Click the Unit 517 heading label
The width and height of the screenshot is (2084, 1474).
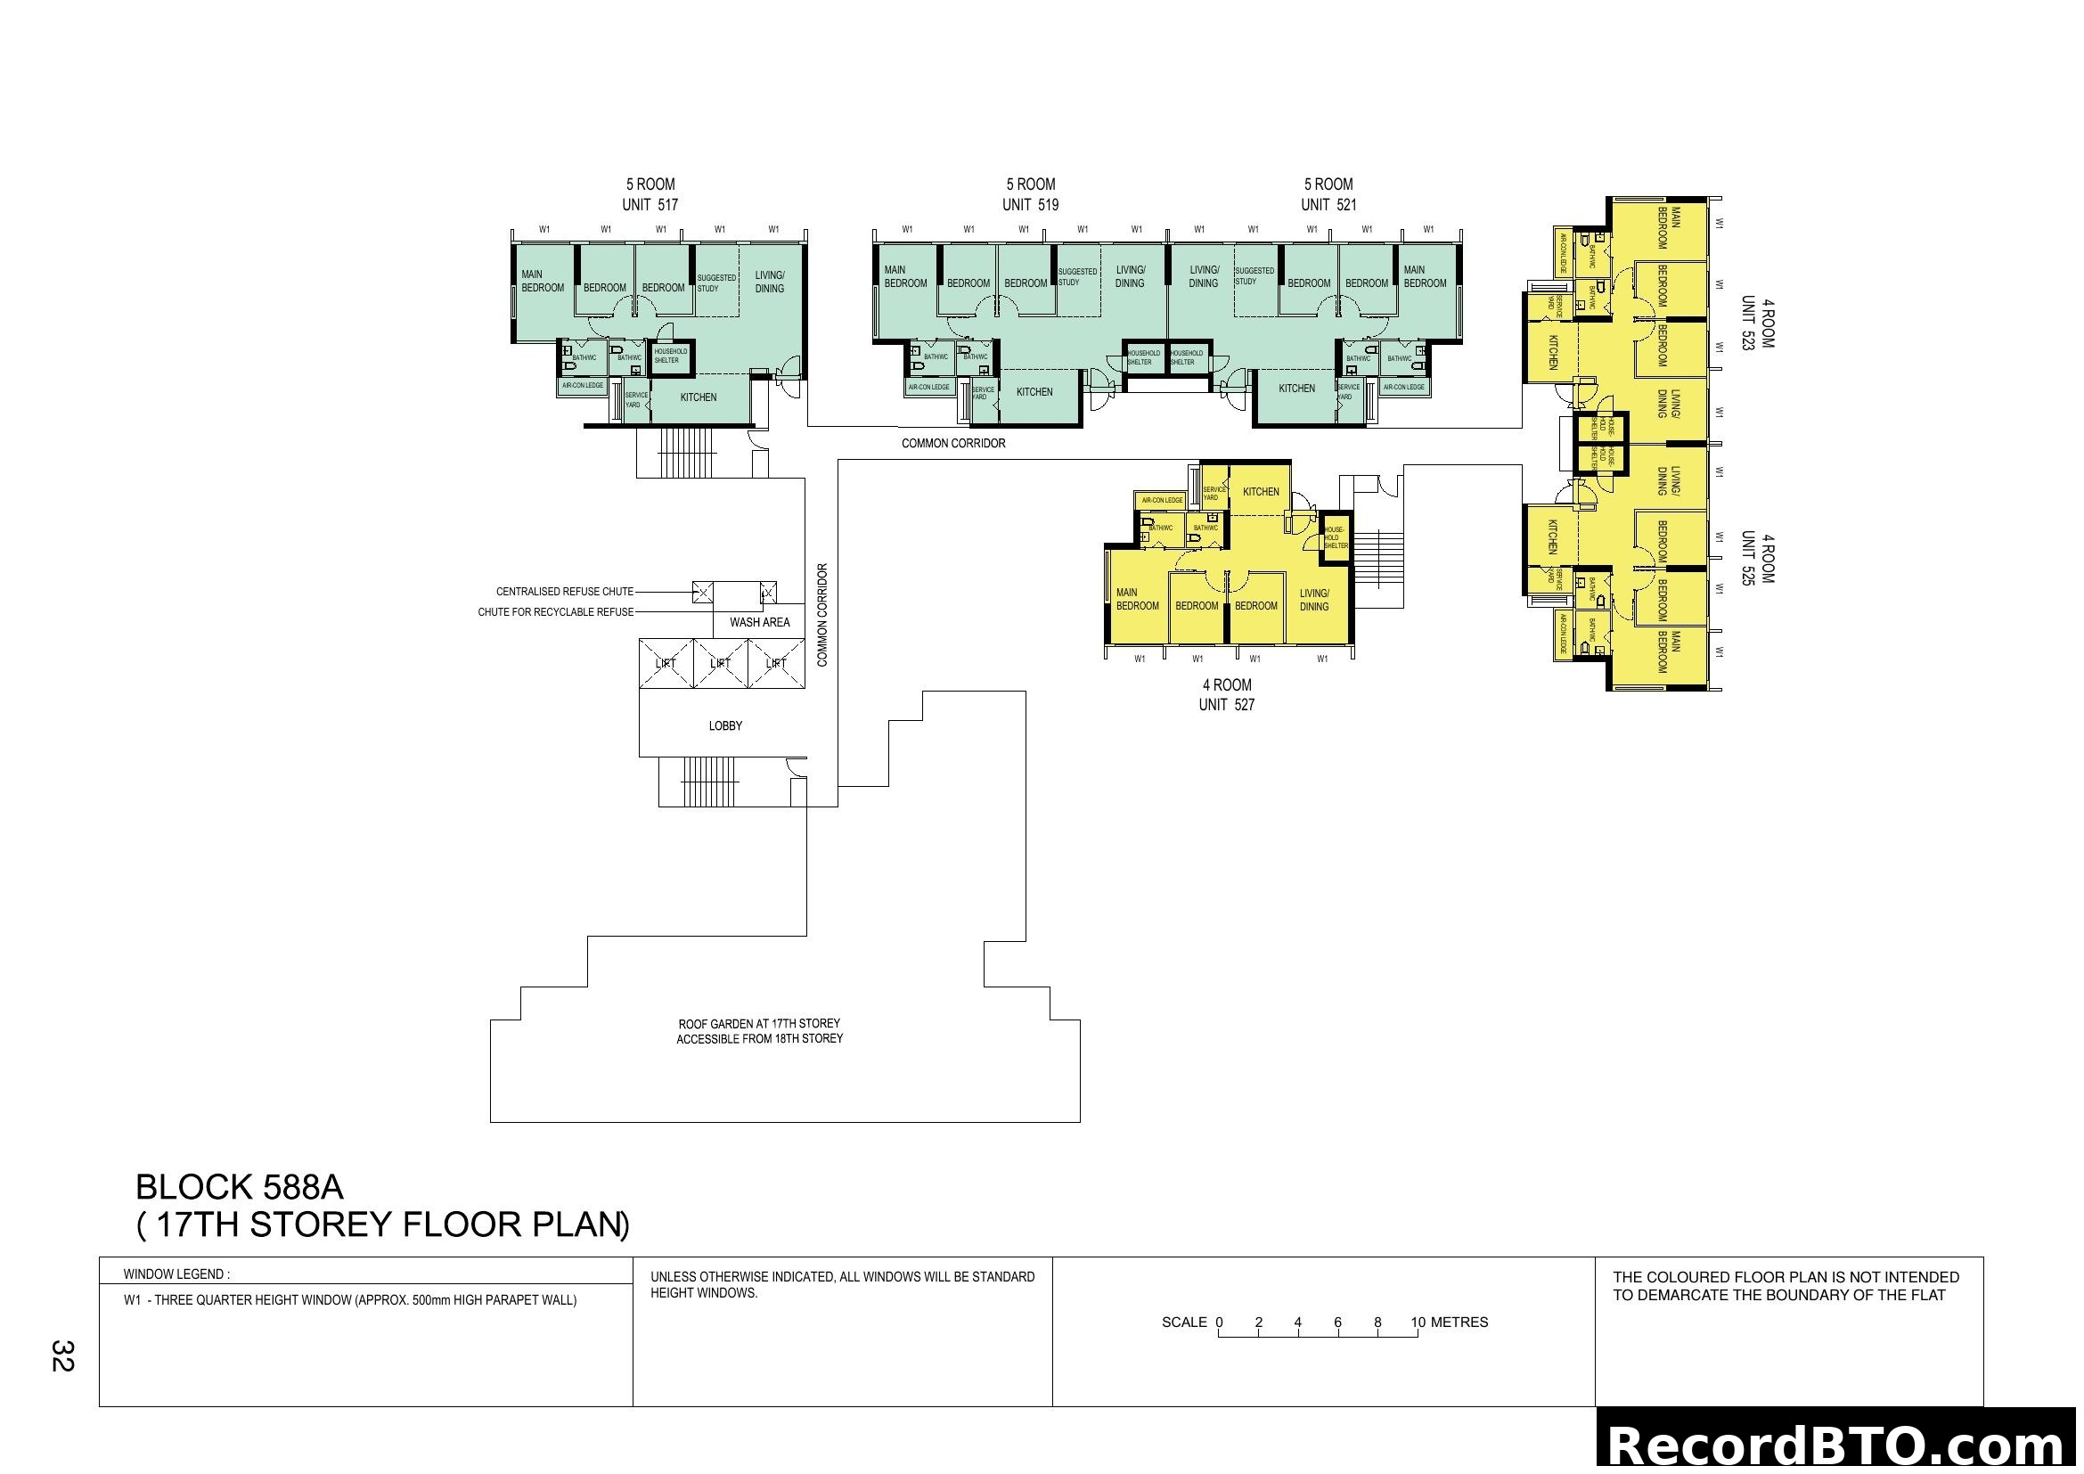[x=650, y=205]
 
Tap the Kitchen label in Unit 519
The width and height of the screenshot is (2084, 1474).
[x=1034, y=392]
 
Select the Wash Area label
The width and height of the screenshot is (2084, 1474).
[x=760, y=623]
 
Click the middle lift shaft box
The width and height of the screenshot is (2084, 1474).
[x=721, y=664]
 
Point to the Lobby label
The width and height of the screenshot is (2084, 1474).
[x=725, y=726]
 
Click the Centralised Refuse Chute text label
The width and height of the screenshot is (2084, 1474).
[x=565, y=592]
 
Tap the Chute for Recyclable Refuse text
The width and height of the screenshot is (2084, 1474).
[x=555, y=612]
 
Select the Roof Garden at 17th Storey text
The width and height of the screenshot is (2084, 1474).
[x=760, y=1024]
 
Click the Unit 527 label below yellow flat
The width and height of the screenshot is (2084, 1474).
[x=1226, y=705]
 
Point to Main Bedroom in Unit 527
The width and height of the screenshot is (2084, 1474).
[x=1137, y=600]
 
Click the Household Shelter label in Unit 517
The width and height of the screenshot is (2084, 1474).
[x=671, y=356]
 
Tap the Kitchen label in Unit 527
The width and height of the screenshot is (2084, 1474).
[x=1261, y=492]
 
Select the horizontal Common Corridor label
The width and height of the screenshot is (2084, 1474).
[x=953, y=444]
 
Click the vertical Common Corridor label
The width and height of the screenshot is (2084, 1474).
[x=822, y=616]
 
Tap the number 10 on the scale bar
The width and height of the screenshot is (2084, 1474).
[x=1418, y=1323]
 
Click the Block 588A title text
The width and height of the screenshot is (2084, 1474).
[x=240, y=1187]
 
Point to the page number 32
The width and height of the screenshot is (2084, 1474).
[x=61, y=1356]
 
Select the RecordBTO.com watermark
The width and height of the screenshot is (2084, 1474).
[x=1839, y=1445]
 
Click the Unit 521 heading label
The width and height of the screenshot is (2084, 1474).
[x=1328, y=205]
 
